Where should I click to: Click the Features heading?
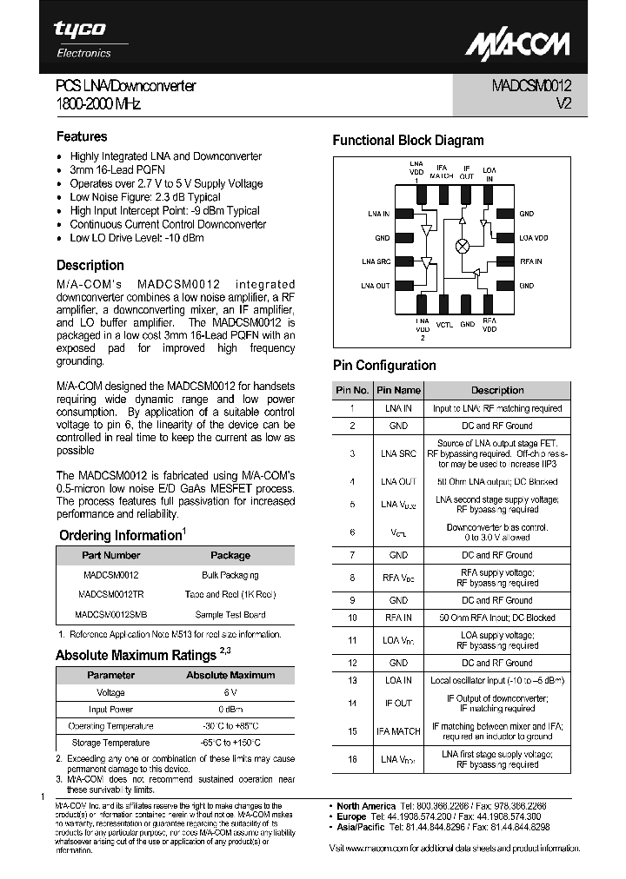[x=82, y=136]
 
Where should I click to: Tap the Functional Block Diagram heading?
[x=408, y=140]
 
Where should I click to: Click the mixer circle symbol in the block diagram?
[x=463, y=246]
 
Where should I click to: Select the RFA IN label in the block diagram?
[x=530, y=261]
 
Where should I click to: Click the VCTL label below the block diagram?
[x=444, y=324]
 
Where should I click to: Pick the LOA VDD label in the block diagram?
[x=534, y=237]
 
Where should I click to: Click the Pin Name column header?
[x=398, y=391]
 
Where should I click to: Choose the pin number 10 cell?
[x=352, y=618]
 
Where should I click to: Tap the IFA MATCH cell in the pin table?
[x=398, y=731]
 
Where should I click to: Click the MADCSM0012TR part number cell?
[x=110, y=594]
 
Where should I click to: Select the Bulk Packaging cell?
[x=230, y=575]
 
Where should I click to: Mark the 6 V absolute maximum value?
[x=230, y=693]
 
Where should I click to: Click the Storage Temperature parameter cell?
[x=110, y=743]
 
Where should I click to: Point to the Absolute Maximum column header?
[x=230, y=675]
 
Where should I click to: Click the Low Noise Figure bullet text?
[x=145, y=197]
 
